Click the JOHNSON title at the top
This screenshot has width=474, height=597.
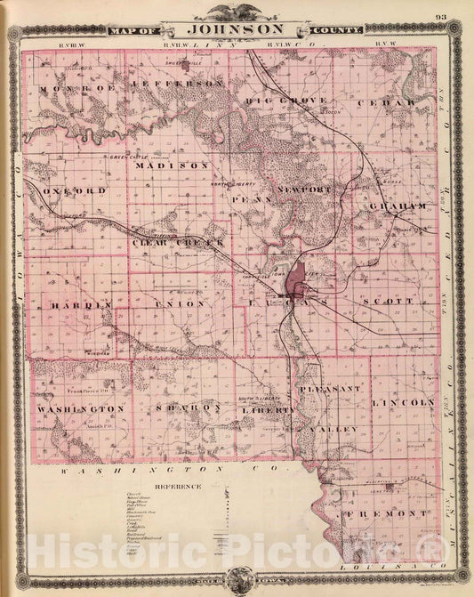coord(236,28)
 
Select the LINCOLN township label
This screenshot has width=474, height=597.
coord(406,402)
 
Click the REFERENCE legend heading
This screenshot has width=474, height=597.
coord(179,487)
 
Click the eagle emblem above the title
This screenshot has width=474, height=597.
coord(237,12)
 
